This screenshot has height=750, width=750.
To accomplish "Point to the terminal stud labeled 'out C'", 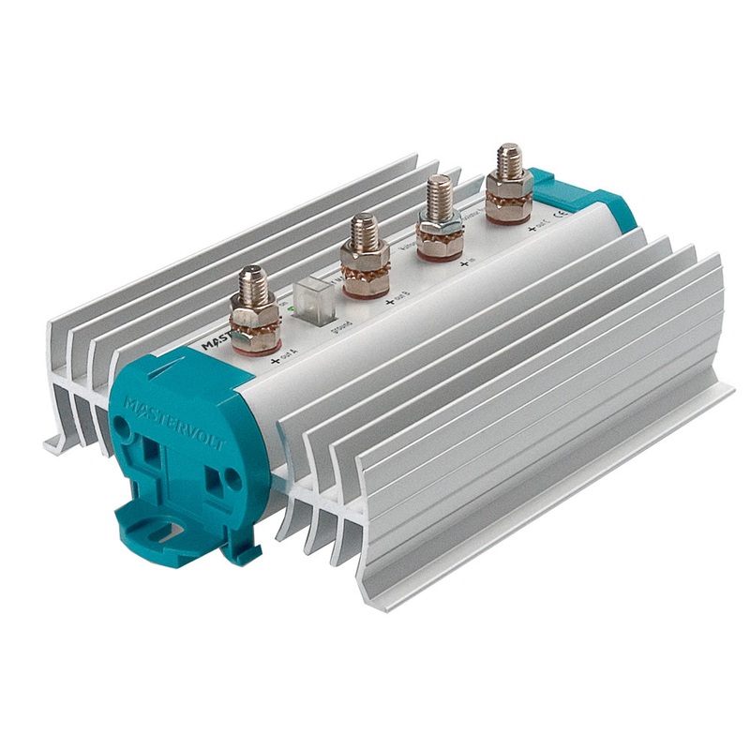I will [x=509, y=164].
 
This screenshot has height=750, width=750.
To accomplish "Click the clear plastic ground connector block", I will [x=308, y=297].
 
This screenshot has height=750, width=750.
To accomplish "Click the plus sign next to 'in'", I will [x=465, y=265].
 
